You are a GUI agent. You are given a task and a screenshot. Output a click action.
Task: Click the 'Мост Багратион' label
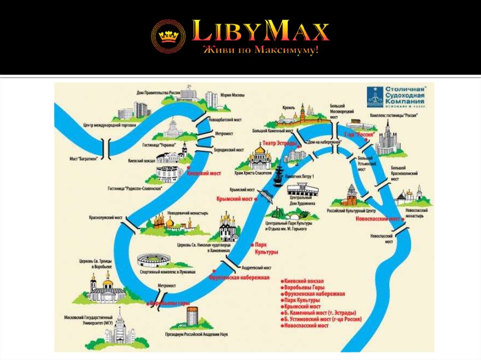pos(84,159)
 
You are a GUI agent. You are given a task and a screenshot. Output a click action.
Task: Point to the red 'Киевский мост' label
pos(204,173)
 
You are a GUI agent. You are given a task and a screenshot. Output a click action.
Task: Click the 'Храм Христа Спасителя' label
pos(253,173)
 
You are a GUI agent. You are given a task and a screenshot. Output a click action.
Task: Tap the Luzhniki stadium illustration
pos(154,261)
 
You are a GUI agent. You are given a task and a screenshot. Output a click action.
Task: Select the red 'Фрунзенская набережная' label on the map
pos(239,277)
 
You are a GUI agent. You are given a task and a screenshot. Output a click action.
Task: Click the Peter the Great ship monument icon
pos(278,176)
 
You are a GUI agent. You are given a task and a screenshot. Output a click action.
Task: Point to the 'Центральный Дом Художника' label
pos(303,201)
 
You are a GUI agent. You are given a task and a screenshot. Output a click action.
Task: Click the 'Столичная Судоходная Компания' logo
pos(396,97)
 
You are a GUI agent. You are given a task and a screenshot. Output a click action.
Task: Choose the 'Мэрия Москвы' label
pos(233,95)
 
